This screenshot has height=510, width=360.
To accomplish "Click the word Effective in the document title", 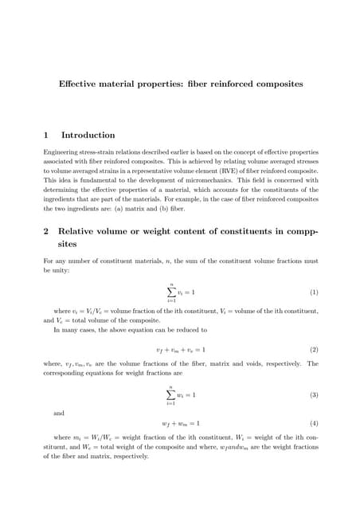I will [77, 84].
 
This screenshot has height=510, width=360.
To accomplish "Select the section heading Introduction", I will [88, 135].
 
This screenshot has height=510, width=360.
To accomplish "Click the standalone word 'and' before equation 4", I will [59, 414].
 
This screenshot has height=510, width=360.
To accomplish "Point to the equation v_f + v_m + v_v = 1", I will [180, 350].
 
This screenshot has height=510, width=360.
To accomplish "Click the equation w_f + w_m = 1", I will [180, 423].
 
